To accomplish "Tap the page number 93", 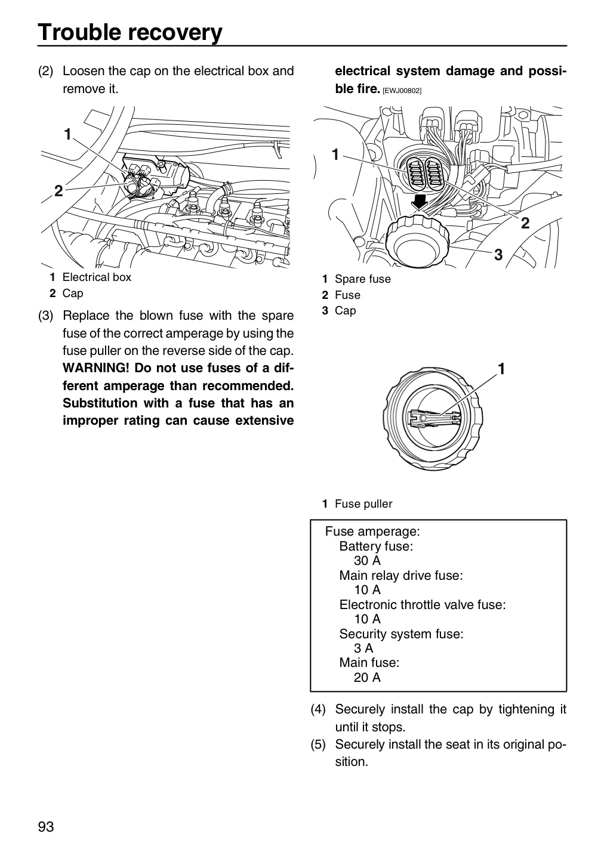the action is tap(46, 826).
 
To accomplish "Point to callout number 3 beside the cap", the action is tap(498, 255).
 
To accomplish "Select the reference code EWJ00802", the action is tap(402, 91).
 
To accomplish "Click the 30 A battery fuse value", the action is tap(367, 560).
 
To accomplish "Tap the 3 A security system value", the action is tap(363, 648).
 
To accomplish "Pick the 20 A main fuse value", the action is tap(367, 677).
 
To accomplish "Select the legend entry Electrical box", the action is tap(97, 277).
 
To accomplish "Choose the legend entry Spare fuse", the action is tap(363, 279).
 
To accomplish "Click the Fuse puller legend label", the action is tap(363, 503).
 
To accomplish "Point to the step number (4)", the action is tap(318, 709).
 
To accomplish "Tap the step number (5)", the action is tap(318, 744).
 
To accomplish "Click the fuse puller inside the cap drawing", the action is tap(434, 418).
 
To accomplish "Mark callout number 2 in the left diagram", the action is tap(58, 191).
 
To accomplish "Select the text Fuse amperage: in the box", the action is tap(372, 532).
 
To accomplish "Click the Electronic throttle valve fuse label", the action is tap(423, 604).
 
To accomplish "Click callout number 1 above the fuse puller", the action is tap(501, 369).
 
